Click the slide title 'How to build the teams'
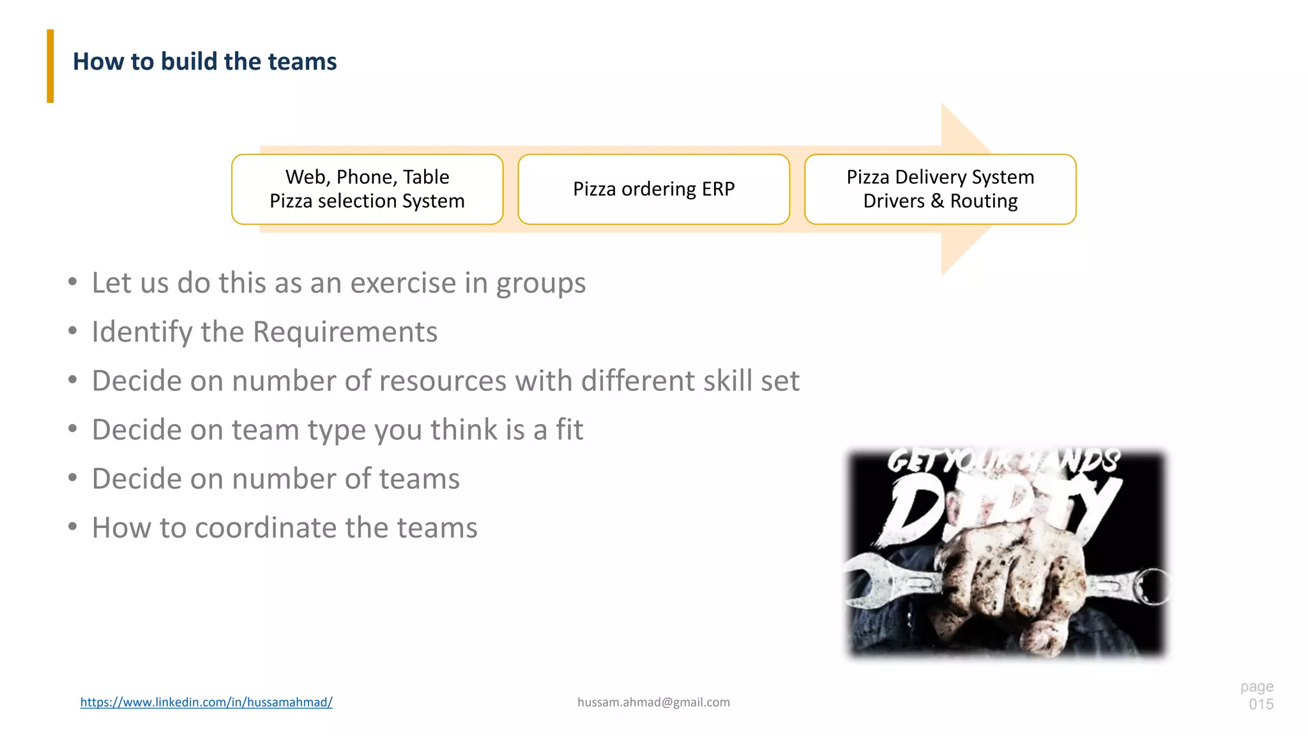pyautogui.click(x=204, y=62)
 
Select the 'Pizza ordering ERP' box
pyautogui.click(x=653, y=189)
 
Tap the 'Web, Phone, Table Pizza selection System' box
pyautogui.click(x=367, y=189)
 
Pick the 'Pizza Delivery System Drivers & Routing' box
pyautogui.click(x=940, y=189)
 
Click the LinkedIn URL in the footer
pyautogui.click(x=206, y=702)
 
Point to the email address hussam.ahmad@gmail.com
pyautogui.click(x=653, y=702)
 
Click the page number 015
pyautogui.click(x=1261, y=704)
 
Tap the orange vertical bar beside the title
pyautogui.click(x=50, y=66)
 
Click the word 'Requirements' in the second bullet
pyautogui.click(x=345, y=332)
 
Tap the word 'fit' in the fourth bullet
pyautogui.click(x=569, y=430)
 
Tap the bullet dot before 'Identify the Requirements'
pyautogui.click(x=73, y=331)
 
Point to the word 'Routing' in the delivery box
pyautogui.click(x=984, y=201)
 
